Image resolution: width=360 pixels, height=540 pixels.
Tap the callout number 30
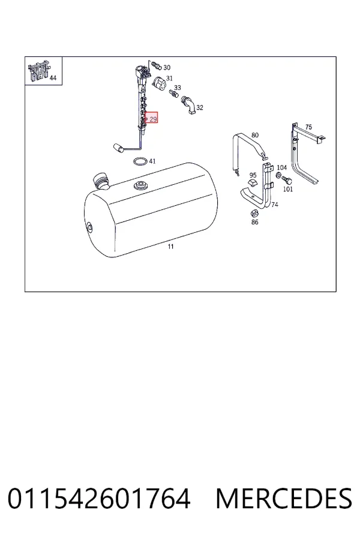167,67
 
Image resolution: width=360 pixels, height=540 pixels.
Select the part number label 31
169,79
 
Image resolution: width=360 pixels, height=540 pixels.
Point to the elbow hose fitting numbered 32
188,104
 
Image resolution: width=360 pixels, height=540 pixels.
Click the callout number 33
178,88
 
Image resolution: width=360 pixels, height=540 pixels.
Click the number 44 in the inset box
53,78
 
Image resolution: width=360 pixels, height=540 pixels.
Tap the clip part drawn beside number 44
38,71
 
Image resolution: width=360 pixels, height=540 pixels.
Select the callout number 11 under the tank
171,247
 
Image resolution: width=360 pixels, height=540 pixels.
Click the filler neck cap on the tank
101,181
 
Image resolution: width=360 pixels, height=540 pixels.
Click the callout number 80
255,135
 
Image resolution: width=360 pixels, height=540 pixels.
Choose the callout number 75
308,127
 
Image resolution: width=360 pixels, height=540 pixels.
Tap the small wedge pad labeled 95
253,183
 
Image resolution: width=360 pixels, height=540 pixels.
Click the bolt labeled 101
287,180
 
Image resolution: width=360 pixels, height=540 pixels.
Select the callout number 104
282,167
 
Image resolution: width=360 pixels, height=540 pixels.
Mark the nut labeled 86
254,213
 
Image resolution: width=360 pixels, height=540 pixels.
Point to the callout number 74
275,205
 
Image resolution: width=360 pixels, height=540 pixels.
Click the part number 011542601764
99,499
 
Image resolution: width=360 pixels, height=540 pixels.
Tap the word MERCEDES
284,499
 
